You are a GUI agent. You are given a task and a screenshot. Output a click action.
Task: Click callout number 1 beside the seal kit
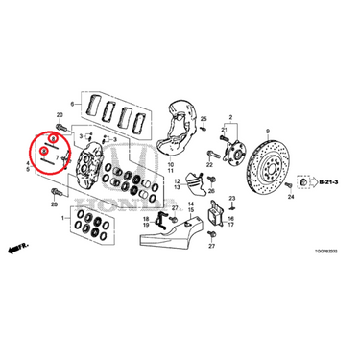[x=64, y=219]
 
